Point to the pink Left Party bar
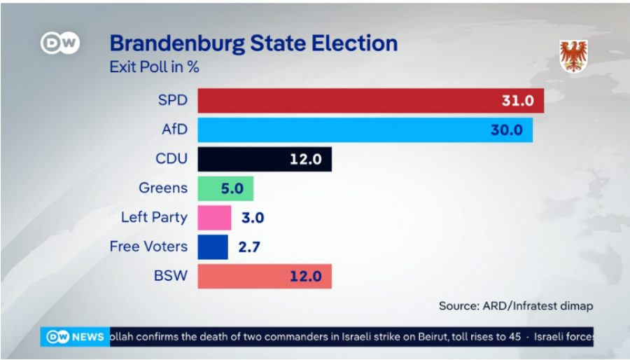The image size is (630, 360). point(214,218)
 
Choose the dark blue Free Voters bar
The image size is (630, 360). point(213,247)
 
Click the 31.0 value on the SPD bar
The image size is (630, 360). point(517,101)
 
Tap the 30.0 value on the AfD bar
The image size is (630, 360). point(506,130)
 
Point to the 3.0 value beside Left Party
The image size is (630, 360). point(252,218)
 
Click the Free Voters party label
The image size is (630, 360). point(148,247)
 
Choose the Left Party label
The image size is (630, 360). point(154,217)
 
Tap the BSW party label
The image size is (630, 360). point(171,276)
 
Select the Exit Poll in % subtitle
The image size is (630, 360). point(155,68)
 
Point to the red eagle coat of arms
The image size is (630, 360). point(573,55)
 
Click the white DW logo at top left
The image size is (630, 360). point(59,43)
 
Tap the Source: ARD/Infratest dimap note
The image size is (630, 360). point(516,305)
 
